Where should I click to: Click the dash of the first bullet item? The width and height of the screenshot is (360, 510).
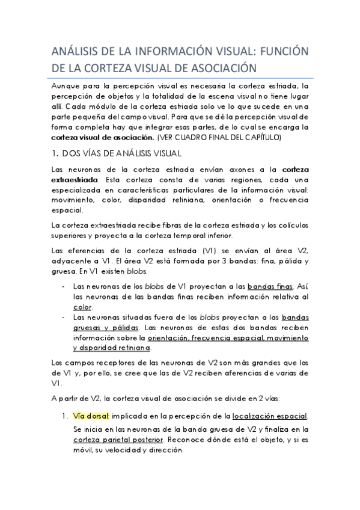64,287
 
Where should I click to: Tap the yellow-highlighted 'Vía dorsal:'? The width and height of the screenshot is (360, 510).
90,416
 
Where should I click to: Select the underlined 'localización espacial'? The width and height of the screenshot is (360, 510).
270,416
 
